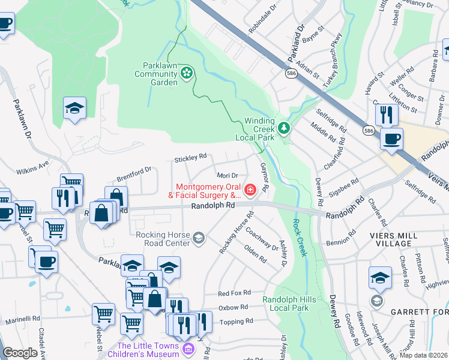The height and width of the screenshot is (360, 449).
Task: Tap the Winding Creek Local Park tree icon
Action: [284, 128]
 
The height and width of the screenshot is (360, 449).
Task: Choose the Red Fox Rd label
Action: [233, 293]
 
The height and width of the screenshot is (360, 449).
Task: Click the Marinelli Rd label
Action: [22, 320]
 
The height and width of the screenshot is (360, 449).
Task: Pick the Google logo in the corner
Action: [20, 353]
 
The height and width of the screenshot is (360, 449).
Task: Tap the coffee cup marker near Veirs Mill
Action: [391, 140]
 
